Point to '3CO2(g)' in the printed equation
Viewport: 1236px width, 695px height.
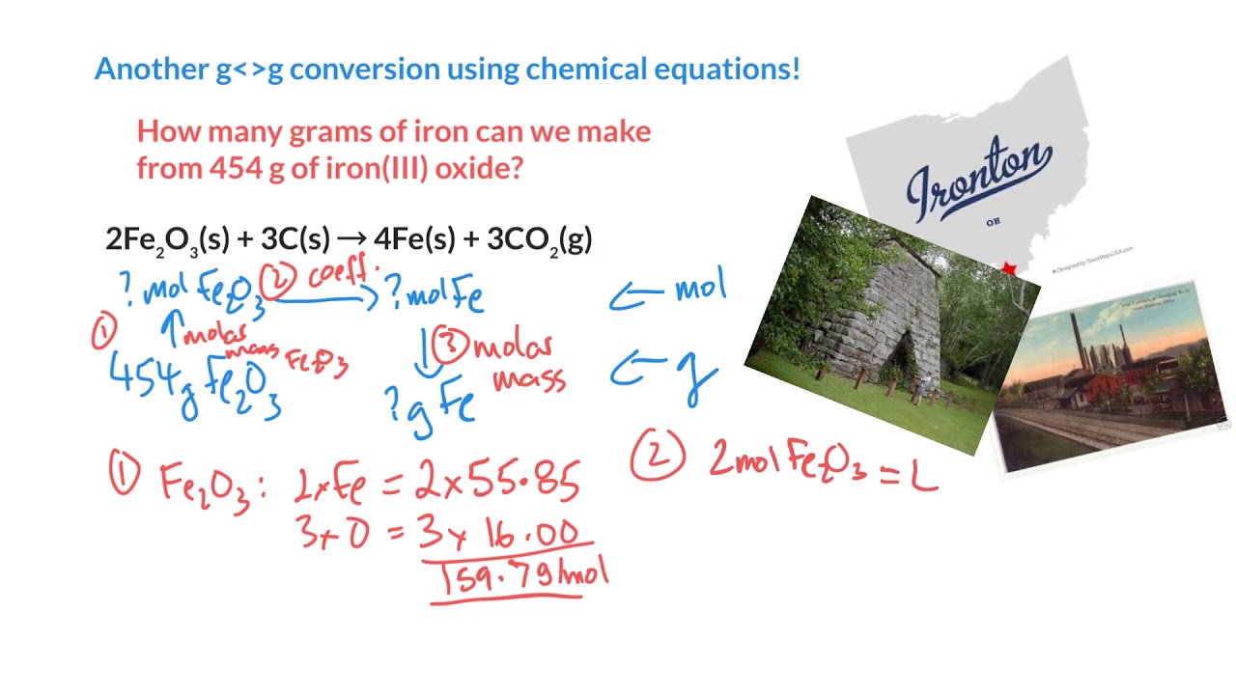(x=540, y=239)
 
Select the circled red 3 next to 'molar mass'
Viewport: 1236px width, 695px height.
(x=448, y=344)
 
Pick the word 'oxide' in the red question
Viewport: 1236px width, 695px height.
(x=479, y=168)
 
